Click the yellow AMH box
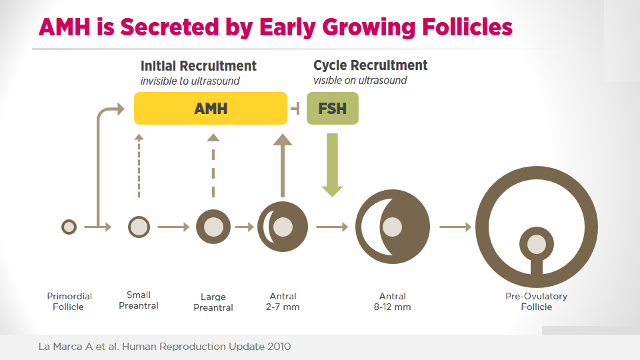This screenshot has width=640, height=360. tap(211, 108)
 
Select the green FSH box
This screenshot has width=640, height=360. tap(333, 108)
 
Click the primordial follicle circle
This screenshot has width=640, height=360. tap(69, 227)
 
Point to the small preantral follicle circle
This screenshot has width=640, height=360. tap(139, 227)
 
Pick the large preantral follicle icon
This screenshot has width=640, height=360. tap(213, 227)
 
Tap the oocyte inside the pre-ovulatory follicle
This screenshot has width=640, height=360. tap(536, 245)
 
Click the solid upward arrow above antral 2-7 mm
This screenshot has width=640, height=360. tap(283, 166)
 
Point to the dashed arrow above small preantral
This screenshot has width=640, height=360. tap(139, 166)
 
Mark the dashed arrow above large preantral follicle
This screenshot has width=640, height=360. tap(213, 166)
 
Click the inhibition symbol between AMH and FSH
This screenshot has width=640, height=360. tap(295, 109)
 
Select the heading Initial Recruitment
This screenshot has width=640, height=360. tap(199, 66)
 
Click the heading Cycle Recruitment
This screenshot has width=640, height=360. tap(370, 65)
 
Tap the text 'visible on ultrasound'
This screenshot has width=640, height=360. tap(360, 81)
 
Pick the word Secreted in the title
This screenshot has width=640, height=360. tap(169, 27)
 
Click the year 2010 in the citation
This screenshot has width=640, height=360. tap(279, 347)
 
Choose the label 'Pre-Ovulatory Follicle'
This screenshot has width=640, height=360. tap(536, 301)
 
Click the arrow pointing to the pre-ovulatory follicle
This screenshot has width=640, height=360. tap(455, 227)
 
